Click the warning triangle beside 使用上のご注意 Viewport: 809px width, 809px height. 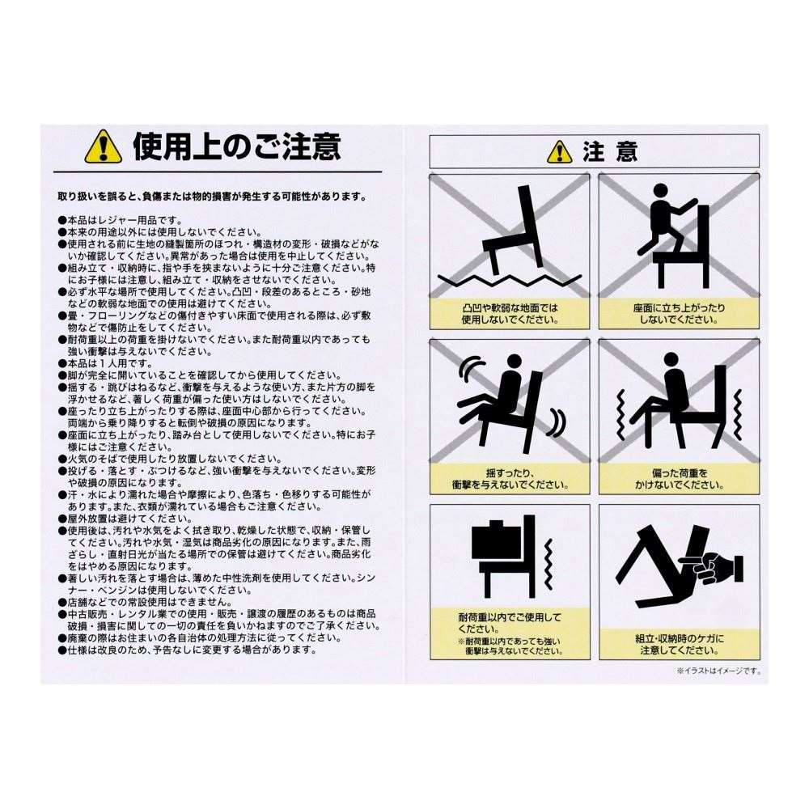(x=102, y=147)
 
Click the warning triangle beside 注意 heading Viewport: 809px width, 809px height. (x=559, y=151)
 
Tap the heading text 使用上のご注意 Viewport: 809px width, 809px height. (x=236, y=147)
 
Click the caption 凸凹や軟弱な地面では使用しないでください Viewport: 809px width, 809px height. (x=510, y=313)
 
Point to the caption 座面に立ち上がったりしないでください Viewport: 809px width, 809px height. (x=679, y=313)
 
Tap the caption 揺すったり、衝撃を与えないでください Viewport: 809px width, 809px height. (x=510, y=478)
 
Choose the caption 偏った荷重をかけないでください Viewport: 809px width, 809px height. (x=679, y=478)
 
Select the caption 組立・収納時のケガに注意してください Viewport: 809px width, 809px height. (x=679, y=644)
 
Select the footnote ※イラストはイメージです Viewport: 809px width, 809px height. (x=718, y=671)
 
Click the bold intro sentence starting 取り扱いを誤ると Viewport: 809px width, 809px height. (x=212, y=196)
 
